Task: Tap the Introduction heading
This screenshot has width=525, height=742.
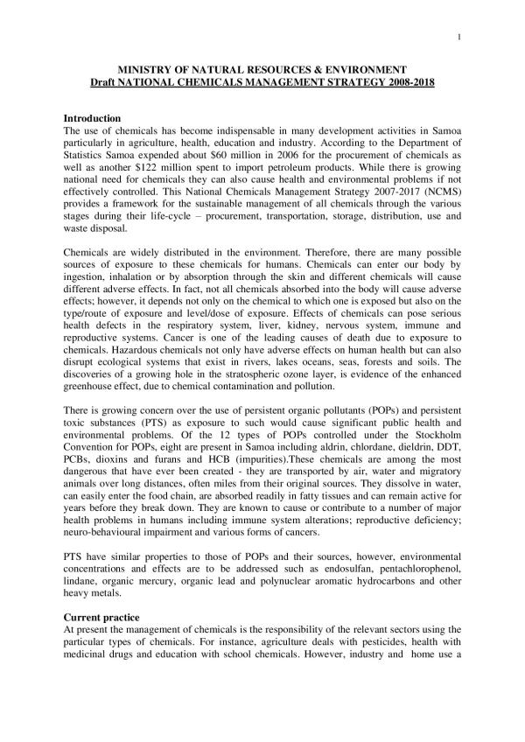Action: point(93,118)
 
